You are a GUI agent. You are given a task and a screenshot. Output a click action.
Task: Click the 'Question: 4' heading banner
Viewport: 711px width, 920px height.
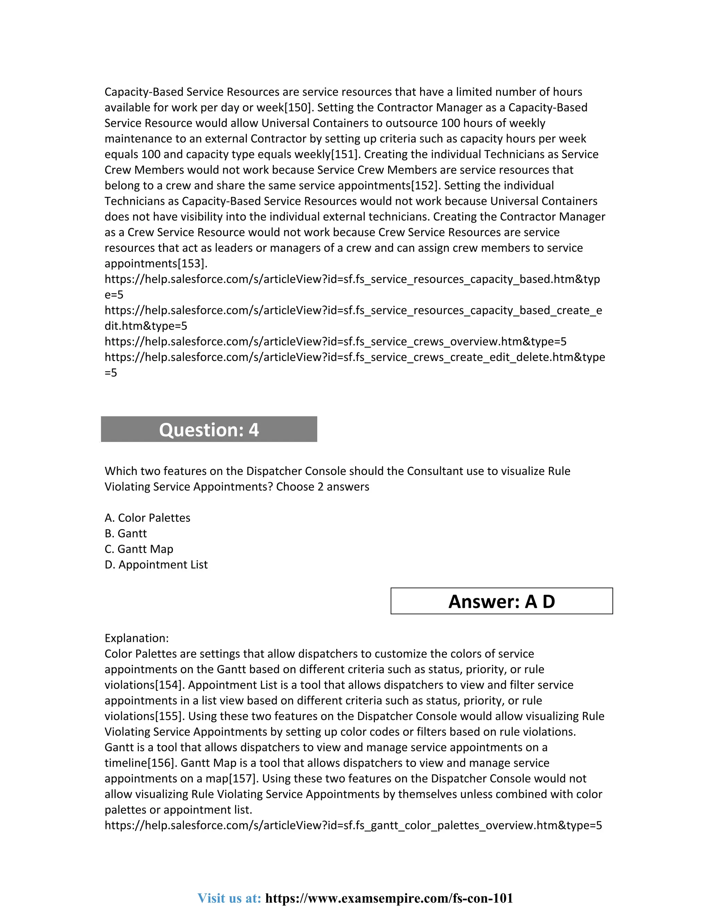[x=209, y=429]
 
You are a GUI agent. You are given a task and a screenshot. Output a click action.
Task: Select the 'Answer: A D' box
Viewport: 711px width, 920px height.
[x=501, y=601]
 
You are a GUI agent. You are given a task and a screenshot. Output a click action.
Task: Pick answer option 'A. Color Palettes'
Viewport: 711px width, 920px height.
[x=148, y=518]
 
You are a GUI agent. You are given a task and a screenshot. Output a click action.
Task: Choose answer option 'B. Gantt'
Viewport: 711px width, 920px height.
[x=126, y=533]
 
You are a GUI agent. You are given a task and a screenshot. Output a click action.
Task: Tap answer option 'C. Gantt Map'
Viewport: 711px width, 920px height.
[x=139, y=549]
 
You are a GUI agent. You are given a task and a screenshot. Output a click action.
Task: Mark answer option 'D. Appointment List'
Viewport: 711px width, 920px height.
[x=156, y=564]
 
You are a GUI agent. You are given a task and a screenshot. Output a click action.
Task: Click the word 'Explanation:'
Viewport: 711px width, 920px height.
[x=136, y=638]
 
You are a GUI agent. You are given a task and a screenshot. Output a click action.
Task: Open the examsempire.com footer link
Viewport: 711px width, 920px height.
[x=389, y=898]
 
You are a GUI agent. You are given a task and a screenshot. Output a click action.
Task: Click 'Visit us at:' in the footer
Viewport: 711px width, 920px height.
[x=229, y=898]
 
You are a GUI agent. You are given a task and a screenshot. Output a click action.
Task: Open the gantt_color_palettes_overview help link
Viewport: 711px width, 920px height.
[x=353, y=825]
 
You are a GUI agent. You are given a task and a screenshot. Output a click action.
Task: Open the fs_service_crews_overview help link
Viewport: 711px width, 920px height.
[x=335, y=341]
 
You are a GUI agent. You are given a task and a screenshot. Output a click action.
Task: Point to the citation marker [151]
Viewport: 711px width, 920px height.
[x=345, y=154]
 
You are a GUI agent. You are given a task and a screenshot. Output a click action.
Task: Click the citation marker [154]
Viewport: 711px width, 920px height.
[x=170, y=685]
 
